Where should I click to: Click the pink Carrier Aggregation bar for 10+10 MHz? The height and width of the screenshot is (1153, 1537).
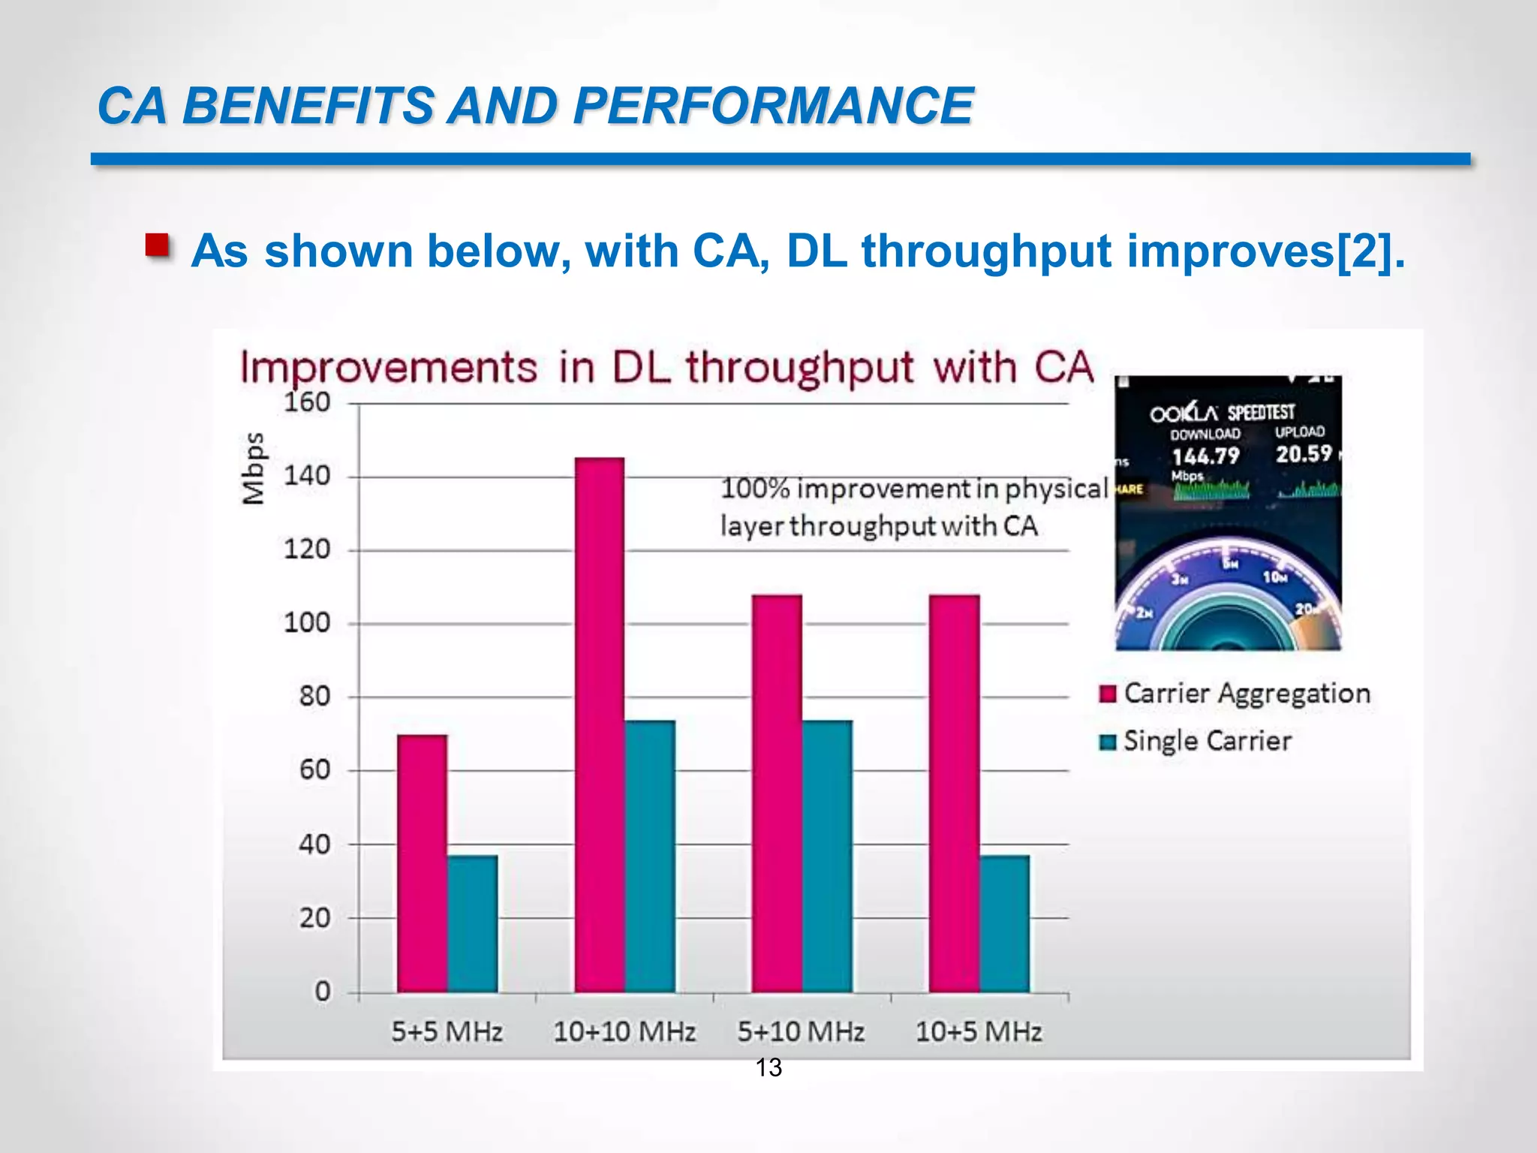[599, 724]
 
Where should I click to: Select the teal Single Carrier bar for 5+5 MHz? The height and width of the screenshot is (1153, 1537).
[473, 923]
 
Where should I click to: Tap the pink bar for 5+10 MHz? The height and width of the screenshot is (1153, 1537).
[777, 793]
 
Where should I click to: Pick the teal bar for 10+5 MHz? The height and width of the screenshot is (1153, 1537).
[1004, 923]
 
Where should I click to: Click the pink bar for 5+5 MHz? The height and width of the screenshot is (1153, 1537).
[422, 863]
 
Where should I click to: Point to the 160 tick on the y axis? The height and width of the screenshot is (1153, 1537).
[307, 403]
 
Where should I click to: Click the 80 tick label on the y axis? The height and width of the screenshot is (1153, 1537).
[314, 697]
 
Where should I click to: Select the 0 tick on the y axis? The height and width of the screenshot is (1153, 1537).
[323, 992]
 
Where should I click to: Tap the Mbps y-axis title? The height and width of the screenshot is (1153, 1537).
[254, 468]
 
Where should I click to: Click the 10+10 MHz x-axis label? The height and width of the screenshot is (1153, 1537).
[624, 1032]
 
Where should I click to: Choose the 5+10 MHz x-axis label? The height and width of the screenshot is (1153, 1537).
[801, 1032]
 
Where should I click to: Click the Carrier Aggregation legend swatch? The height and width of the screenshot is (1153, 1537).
[1108, 694]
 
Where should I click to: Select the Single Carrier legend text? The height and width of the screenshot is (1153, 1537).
[1208, 742]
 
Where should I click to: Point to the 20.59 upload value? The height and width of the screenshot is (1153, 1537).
[1304, 454]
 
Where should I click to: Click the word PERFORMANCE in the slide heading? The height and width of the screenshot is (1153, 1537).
[773, 105]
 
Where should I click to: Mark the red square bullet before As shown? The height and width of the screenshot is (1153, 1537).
[157, 245]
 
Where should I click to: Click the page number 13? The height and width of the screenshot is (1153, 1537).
[768, 1067]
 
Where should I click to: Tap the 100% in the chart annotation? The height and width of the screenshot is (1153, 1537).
[755, 489]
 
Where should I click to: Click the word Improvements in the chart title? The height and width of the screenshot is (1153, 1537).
[389, 368]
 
